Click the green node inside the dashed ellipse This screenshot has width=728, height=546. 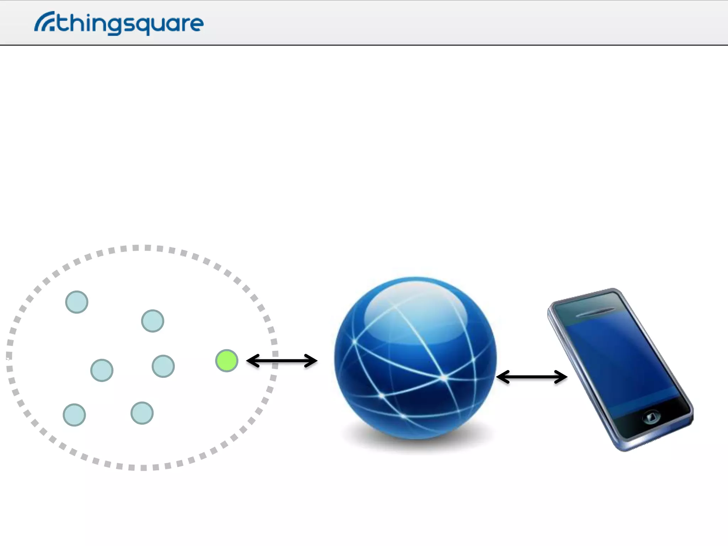click(x=226, y=360)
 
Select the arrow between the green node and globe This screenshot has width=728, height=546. click(x=282, y=361)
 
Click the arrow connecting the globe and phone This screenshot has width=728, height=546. click(x=531, y=377)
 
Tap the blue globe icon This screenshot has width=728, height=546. click(x=415, y=357)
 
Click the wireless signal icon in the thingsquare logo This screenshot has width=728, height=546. click(x=44, y=22)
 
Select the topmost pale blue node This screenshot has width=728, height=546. click(x=76, y=302)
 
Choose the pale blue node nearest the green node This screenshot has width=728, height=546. click(x=163, y=366)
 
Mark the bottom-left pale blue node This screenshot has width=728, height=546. click(x=74, y=414)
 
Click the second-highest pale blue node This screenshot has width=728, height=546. click(x=152, y=321)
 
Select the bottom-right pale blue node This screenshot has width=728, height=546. click(x=142, y=413)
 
